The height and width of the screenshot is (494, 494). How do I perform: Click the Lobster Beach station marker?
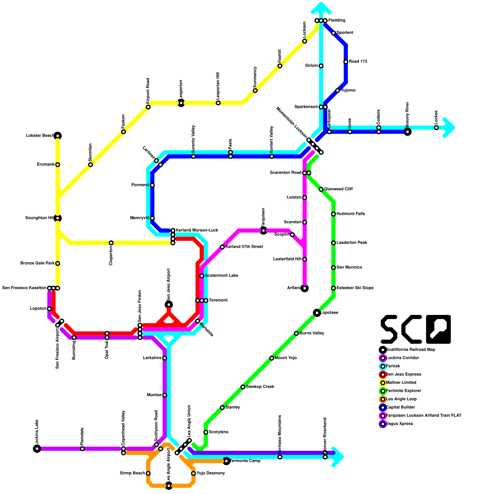tap(58, 136)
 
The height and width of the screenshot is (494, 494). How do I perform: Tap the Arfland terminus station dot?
tap(305, 288)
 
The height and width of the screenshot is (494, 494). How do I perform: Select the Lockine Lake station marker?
tap(37, 449)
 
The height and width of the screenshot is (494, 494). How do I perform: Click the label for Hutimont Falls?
tap(350, 214)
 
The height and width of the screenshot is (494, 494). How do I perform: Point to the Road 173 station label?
tap(358, 62)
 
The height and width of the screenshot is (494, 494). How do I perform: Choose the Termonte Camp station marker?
tap(226, 461)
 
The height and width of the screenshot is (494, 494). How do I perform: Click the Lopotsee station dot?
tap(317, 313)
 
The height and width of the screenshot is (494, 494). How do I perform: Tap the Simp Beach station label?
tap(132, 473)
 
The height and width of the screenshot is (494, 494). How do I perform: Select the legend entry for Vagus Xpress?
tap(400, 424)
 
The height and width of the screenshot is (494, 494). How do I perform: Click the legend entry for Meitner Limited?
tap(401, 383)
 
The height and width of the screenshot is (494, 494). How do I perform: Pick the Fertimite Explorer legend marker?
tap(383, 391)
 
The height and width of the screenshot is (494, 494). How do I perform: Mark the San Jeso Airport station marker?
tap(169, 305)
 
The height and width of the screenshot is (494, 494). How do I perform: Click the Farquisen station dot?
tap(263, 231)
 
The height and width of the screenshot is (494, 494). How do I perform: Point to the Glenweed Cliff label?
tap(338, 189)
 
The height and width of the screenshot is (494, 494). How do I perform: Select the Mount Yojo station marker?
tap(272, 358)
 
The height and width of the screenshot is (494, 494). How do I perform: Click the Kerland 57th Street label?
tap(244, 247)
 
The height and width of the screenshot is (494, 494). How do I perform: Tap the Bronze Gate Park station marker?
tap(58, 263)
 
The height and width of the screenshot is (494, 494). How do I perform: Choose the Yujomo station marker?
tap(337, 90)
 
